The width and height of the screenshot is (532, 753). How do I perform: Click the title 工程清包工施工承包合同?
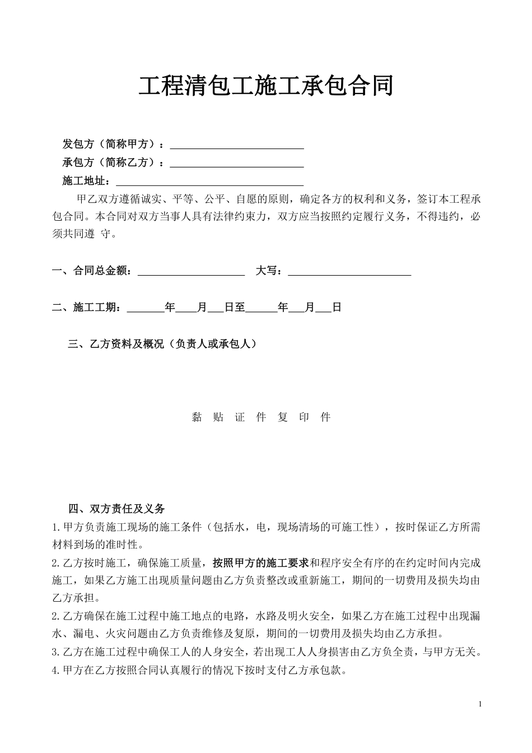coord(266,86)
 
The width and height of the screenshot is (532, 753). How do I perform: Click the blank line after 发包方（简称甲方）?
coord(236,146)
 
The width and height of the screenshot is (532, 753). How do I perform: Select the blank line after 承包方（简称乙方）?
coord(236,164)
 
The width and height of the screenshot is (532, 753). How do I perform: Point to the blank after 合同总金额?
coord(191,272)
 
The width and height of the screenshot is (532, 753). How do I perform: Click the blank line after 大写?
coord(349,272)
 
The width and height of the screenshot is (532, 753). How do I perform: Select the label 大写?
coord(268,271)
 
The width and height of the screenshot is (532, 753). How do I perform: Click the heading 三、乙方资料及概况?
coord(162,344)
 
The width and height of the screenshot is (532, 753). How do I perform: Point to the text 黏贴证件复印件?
coord(261,417)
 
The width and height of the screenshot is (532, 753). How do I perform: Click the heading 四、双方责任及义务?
coord(116,509)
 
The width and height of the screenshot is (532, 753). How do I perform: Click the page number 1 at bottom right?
coord(480,704)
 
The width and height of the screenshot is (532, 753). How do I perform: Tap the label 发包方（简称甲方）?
coord(110,145)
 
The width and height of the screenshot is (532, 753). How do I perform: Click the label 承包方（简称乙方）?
coord(110,163)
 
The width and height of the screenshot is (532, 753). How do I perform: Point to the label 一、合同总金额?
coord(92,271)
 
